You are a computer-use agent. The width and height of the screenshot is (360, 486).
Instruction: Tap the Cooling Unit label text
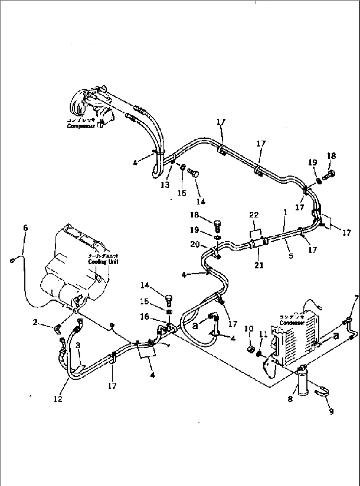[x=103, y=262]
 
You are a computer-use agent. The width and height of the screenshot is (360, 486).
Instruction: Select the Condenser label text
[x=292, y=323]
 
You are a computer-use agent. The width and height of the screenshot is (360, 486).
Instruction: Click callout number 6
[x=25, y=228]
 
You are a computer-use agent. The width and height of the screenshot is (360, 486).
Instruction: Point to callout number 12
[x=58, y=399]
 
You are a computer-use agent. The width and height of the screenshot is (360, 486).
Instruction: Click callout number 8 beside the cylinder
[x=290, y=399]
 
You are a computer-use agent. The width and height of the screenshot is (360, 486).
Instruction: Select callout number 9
[x=331, y=411]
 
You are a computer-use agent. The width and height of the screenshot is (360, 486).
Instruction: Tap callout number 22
[x=254, y=215]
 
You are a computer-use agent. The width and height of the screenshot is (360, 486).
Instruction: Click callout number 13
[x=165, y=184]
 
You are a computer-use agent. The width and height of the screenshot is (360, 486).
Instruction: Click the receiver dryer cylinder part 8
[x=303, y=380]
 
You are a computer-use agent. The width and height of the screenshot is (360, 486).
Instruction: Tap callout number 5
[x=291, y=256]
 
